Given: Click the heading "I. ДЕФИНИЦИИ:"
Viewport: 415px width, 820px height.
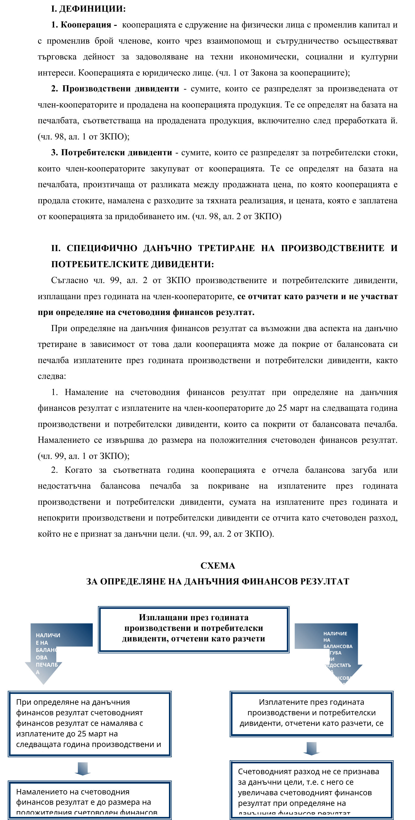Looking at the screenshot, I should point(88,9).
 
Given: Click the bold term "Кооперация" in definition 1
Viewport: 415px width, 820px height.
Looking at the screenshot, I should point(86,25).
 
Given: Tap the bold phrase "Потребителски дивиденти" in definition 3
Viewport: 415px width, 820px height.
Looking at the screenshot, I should point(117,152).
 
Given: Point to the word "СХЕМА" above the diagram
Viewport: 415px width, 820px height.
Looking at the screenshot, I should point(217,565).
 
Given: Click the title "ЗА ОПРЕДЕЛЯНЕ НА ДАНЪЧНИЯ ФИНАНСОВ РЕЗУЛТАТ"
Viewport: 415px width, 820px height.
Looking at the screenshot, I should point(217,581).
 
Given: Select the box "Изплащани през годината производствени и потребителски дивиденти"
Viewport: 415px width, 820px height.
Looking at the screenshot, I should point(194,628).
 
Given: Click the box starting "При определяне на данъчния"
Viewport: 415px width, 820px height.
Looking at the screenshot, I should point(89,724).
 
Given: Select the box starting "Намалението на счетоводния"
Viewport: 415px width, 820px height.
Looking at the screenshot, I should point(89,800).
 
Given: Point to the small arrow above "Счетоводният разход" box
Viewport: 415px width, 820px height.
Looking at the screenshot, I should point(311,748).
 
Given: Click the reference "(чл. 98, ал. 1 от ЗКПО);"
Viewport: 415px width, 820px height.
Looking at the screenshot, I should point(83,137).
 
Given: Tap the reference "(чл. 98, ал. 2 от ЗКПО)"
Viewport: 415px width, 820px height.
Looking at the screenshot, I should point(237,216).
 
